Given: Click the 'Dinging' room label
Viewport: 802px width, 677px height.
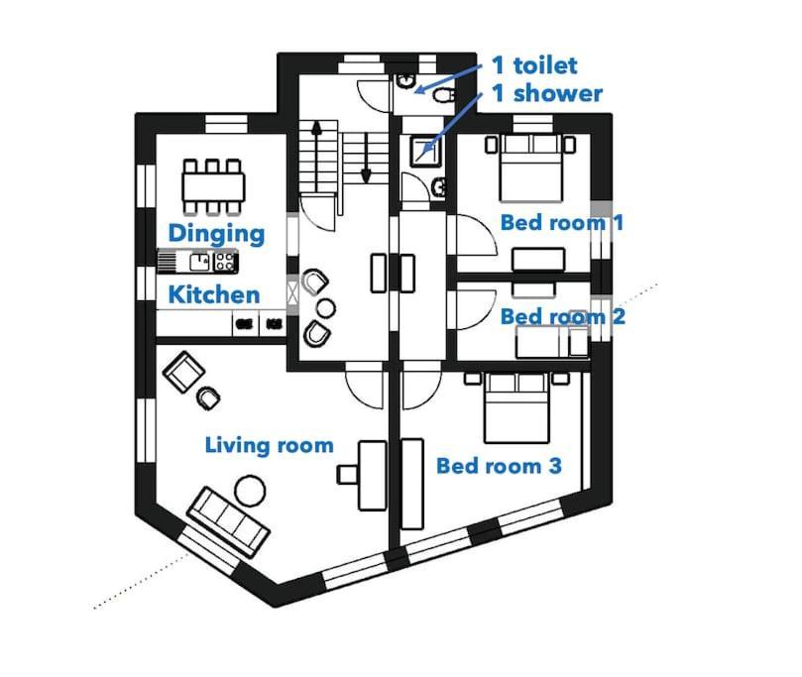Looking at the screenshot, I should click(215, 234).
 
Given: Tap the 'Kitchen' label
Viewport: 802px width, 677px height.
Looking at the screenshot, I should click(213, 294).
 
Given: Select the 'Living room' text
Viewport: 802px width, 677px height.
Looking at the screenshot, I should click(269, 445).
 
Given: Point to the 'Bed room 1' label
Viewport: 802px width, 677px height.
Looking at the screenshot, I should click(561, 222).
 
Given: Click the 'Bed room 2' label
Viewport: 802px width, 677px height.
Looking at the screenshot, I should click(562, 316).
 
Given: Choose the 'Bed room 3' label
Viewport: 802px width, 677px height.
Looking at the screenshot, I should click(500, 465).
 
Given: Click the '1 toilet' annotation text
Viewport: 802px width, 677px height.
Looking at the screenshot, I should click(534, 65).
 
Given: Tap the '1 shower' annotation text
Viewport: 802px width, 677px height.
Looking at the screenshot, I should click(547, 94).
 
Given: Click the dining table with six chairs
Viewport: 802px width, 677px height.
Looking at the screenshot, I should click(213, 185).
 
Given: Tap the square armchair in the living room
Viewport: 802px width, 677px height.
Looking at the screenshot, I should click(183, 373).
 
